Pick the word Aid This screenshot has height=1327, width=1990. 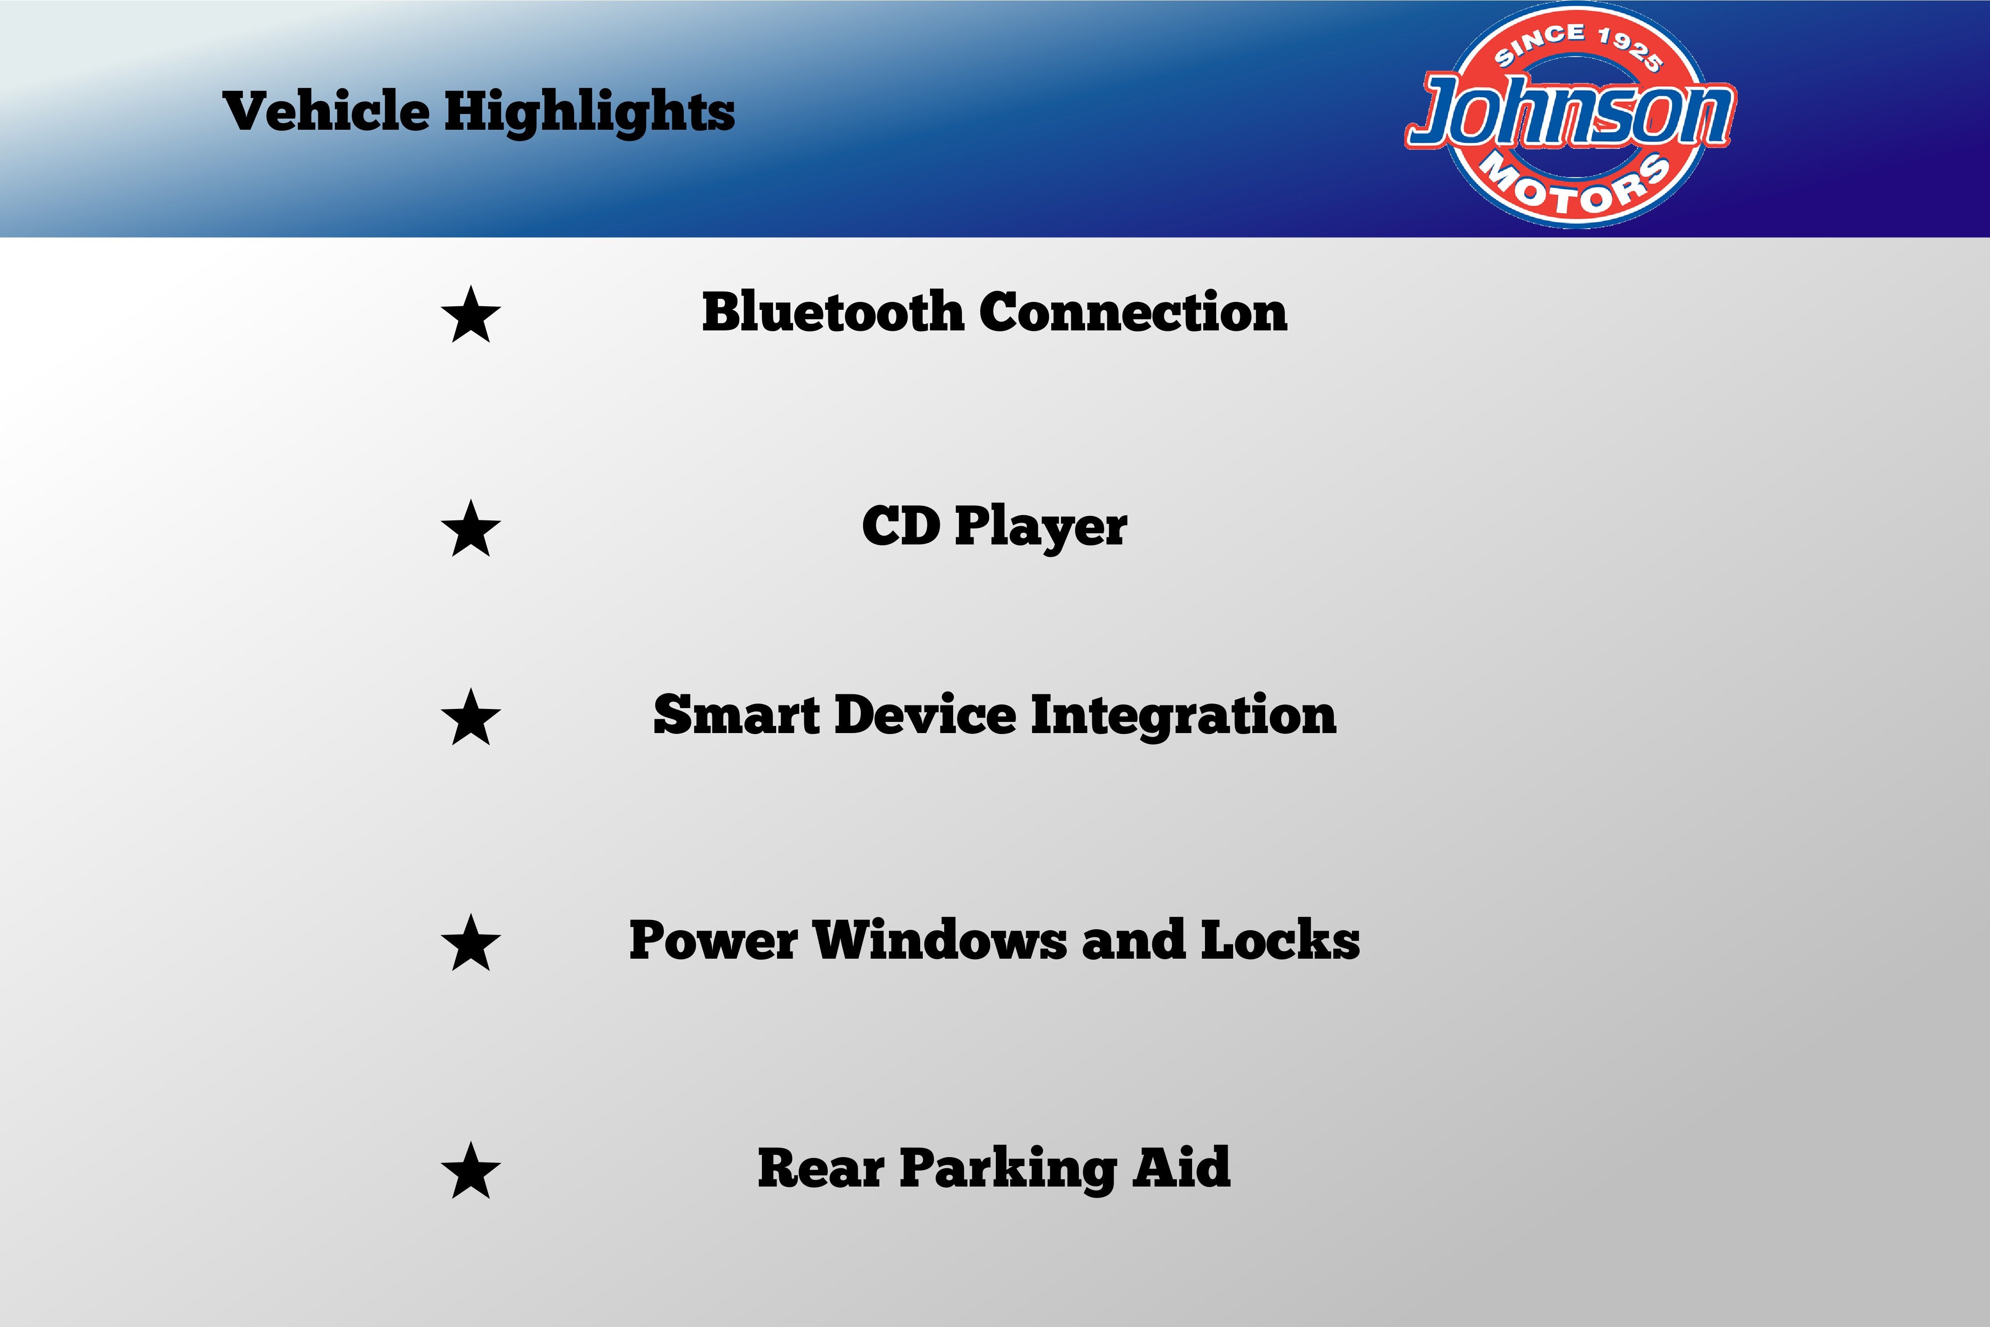(1182, 1168)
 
